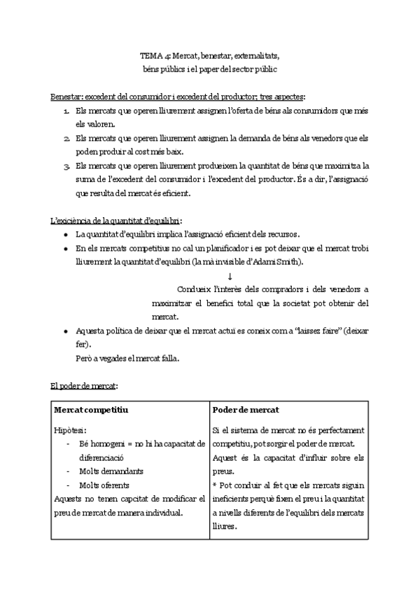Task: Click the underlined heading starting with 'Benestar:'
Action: tap(178, 96)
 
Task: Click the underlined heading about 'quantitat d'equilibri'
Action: tap(116, 221)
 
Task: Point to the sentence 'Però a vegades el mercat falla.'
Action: tap(127, 359)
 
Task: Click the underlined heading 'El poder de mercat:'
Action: tap(84, 386)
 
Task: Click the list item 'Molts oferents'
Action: tap(104, 485)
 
